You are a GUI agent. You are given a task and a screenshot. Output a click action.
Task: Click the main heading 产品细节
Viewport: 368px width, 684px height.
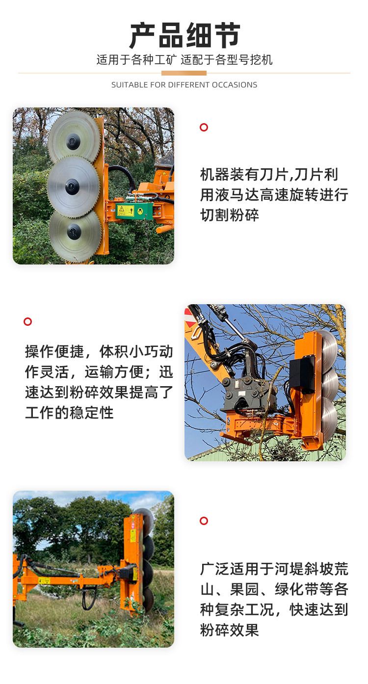[184, 35]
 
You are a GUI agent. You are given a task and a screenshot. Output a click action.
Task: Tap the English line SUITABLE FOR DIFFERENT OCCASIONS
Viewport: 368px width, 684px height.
[184, 85]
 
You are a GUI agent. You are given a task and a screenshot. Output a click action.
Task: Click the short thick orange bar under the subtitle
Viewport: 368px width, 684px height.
[184, 73]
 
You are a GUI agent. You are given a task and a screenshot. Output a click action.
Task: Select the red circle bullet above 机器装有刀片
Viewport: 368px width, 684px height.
[204, 128]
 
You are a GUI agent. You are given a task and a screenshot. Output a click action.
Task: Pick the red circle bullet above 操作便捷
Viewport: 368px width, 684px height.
[28, 321]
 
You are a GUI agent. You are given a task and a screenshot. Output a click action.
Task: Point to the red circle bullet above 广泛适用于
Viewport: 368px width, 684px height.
[204, 521]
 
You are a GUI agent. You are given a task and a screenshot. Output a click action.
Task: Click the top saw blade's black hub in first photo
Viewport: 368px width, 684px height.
[73, 141]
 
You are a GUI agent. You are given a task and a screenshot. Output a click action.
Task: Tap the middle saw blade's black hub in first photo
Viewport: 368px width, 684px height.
[72, 186]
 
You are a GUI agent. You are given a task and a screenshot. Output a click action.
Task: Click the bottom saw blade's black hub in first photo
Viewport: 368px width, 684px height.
[74, 232]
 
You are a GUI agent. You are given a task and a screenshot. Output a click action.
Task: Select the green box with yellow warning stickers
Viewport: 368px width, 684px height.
[134, 210]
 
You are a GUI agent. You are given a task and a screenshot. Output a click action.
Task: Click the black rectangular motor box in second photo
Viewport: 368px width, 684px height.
[302, 374]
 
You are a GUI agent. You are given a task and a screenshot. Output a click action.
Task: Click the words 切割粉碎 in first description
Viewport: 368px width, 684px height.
[229, 215]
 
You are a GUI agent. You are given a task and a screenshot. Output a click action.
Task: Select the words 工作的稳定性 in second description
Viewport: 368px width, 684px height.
[69, 413]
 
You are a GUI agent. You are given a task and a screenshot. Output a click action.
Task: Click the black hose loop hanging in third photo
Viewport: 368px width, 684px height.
[89, 600]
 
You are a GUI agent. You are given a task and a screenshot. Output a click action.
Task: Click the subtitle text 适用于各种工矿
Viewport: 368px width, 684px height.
[136, 59]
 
